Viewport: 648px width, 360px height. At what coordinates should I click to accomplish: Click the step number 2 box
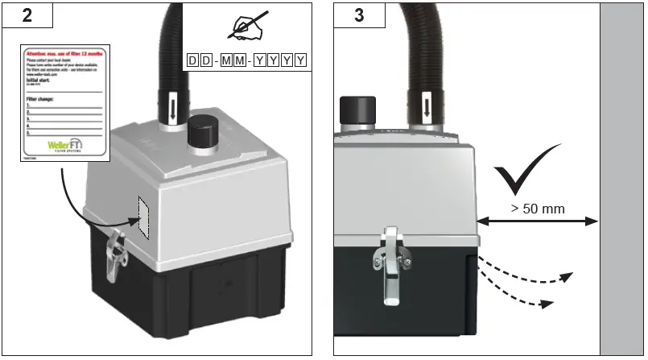pos(27,18)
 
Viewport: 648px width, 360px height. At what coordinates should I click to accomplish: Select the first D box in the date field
pos(192,60)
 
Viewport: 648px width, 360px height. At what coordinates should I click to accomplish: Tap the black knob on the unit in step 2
pos(200,131)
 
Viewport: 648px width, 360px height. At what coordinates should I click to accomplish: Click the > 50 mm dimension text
pos(538,209)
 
